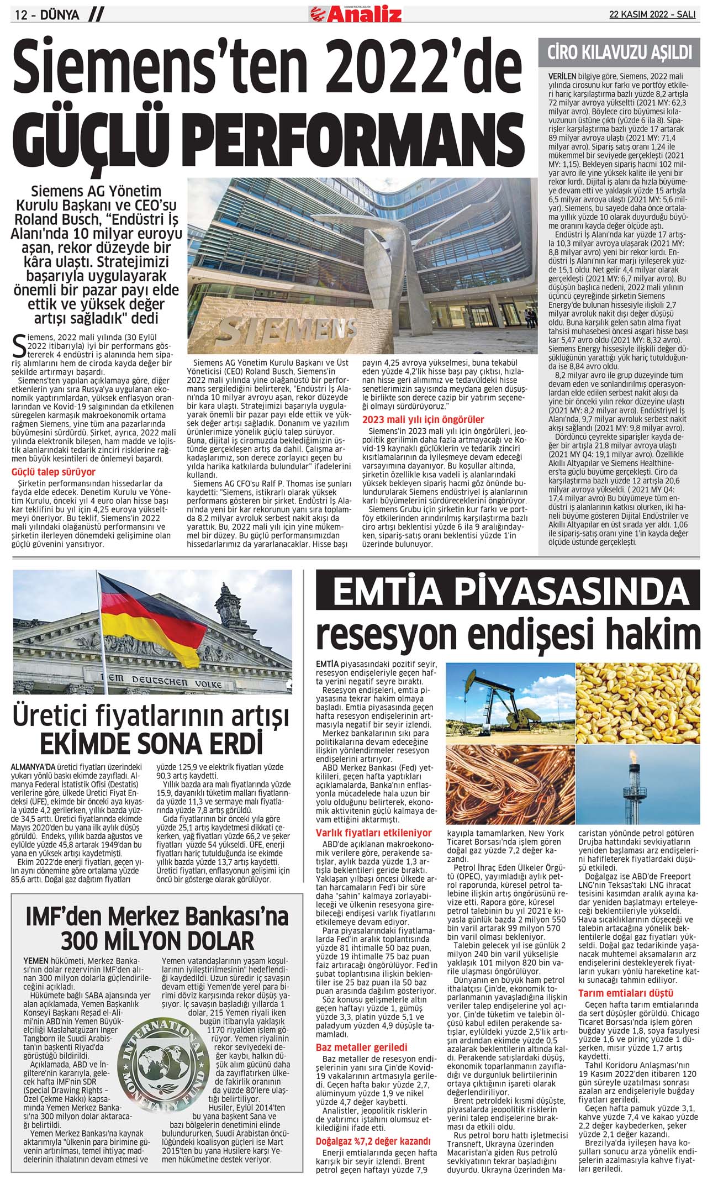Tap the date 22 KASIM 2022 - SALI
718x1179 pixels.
(x=652, y=15)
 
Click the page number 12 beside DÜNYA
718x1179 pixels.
(x=22, y=15)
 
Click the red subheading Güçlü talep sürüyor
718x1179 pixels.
(x=54, y=472)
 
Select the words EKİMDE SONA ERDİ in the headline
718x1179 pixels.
(x=150, y=744)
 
